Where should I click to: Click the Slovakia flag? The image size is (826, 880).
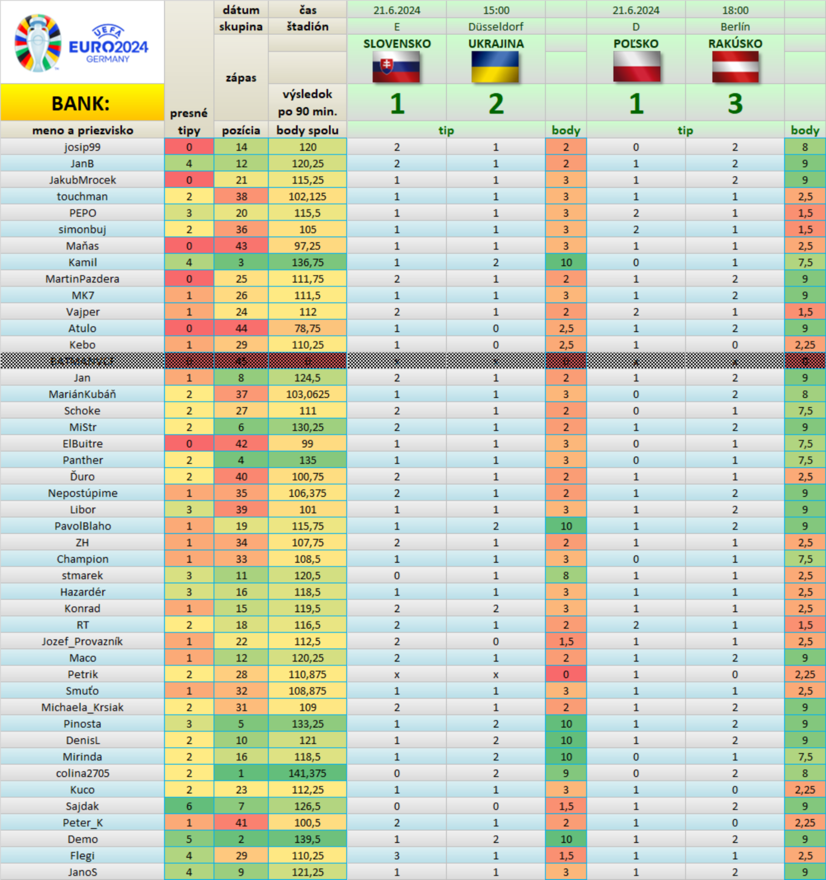click(396, 66)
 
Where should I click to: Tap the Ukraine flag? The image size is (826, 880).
click(495, 66)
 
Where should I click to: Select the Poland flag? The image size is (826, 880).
click(637, 66)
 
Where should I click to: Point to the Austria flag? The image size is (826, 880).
click(735, 66)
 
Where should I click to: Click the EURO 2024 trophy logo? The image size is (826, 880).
click(39, 43)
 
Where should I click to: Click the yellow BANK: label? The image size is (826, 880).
click(81, 103)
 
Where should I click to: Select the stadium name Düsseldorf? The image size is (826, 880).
click(495, 27)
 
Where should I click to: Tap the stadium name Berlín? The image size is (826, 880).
click(735, 27)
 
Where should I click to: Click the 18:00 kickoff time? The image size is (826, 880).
click(735, 10)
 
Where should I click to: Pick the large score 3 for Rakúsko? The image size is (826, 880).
click(735, 104)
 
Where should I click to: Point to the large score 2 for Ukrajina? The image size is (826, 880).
click(495, 104)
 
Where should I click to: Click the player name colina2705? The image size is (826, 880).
click(83, 773)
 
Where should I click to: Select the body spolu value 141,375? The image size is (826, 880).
click(307, 773)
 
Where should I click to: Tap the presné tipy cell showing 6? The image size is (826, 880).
click(189, 806)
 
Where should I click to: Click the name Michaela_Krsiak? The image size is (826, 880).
click(83, 707)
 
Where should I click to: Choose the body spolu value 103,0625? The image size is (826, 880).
click(307, 394)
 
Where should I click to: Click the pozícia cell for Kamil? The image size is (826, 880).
click(241, 262)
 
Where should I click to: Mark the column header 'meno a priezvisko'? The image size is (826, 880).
click(83, 131)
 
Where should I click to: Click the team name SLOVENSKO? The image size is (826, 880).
click(397, 44)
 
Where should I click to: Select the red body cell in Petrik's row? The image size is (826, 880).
click(566, 674)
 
